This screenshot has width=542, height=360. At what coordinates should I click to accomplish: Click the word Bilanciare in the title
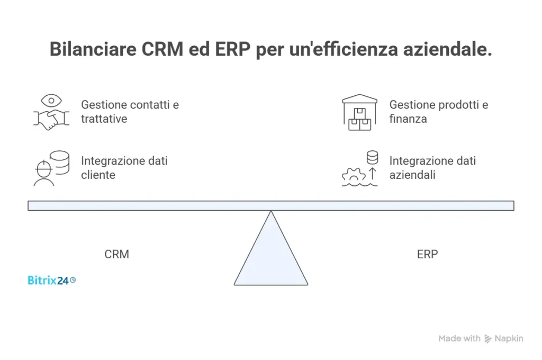tap(93, 49)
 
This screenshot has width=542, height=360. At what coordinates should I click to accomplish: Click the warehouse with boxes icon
tap(360, 112)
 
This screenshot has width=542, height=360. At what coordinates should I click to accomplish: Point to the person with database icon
tap(51, 168)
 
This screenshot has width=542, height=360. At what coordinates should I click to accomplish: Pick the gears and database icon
tap(360, 168)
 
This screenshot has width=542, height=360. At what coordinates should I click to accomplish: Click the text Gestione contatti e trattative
tap(130, 112)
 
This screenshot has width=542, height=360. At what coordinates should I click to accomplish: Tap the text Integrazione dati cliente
tap(124, 168)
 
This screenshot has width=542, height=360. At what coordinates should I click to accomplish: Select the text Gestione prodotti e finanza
tap(438, 112)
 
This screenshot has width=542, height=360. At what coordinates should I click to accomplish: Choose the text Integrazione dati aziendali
tap(432, 168)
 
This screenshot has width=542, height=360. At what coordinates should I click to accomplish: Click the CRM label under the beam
tap(116, 254)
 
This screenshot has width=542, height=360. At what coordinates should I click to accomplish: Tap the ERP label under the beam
tap(427, 254)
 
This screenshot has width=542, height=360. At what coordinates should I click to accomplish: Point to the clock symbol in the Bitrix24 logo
tap(73, 280)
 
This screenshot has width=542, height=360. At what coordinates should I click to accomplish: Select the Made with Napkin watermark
tap(481, 339)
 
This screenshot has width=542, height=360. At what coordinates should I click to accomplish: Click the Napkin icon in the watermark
tap(488, 339)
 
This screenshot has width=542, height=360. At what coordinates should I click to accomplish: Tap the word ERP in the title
tap(228, 49)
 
